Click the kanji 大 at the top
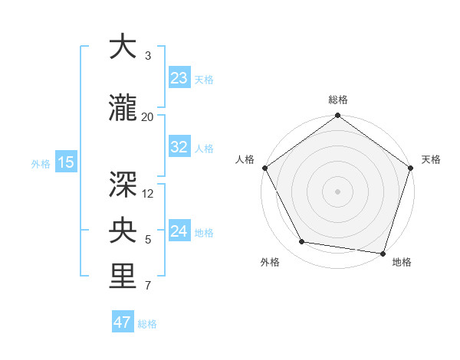pos(123,47)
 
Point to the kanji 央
pos(123,229)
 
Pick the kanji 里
pos(123,277)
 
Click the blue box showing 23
pos(179,78)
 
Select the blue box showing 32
pos(179,147)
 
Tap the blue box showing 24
pos(179,231)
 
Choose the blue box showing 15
pos(65,162)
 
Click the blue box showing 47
pos(123,322)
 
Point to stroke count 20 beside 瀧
pos(148,116)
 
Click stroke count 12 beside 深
pos(149,193)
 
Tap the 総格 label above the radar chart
pos(338,100)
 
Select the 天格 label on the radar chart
pos(432,159)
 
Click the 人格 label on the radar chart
pos(245,159)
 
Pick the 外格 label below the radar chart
pos(270,262)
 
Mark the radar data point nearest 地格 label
pos(383,253)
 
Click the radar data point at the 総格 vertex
pos(338,116)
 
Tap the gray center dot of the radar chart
pos(338,191)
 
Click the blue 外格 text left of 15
pos(41,163)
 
